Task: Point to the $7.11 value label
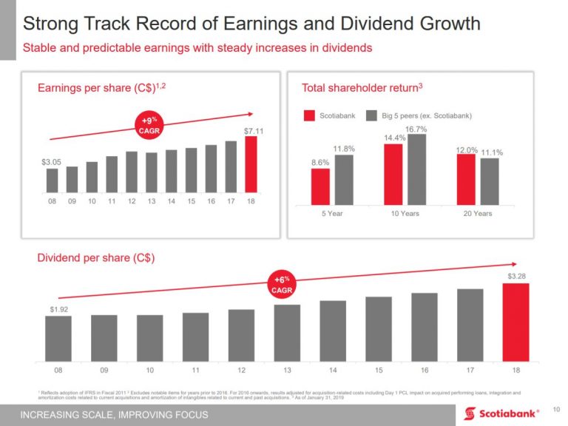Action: click(254, 131)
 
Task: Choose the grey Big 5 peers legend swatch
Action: click(372, 115)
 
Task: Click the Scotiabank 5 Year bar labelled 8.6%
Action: click(320, 185)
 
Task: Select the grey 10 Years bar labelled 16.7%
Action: click(416, 168)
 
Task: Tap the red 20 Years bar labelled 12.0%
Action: click(466, 177)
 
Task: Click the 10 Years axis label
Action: click(405, 214)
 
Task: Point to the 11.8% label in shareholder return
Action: click(345, 149)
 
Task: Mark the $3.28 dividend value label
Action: click(517, 276)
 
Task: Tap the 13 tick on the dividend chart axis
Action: click(287, 369)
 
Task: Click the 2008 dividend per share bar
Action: click(58, 337)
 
